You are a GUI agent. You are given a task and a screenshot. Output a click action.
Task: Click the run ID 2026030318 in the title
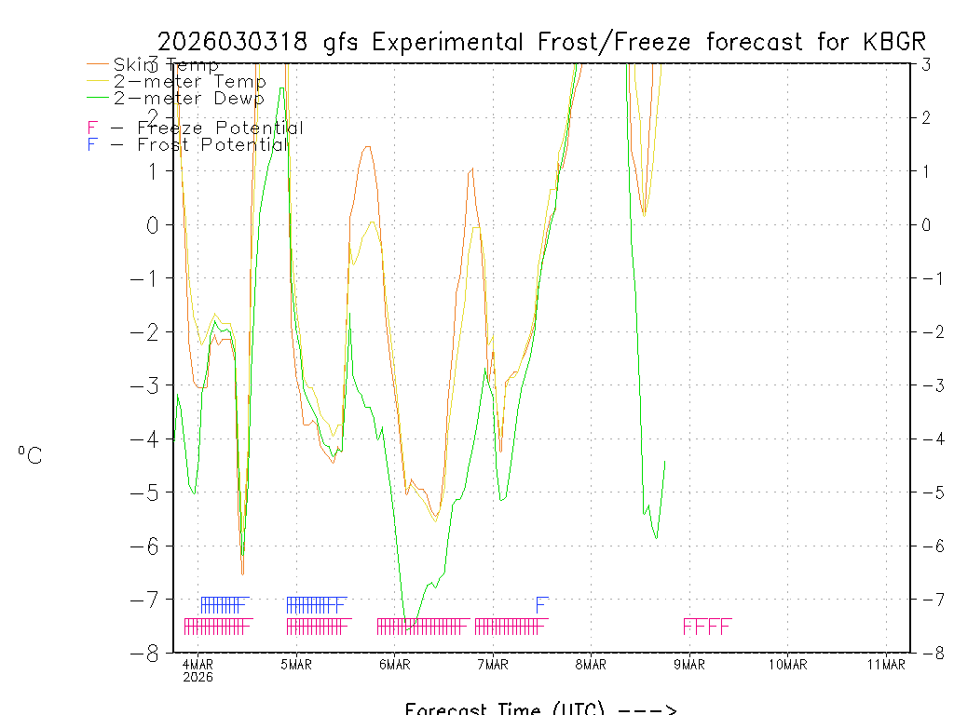pyautogui.click(x=237, y=42)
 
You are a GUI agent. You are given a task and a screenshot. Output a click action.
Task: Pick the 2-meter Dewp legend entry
pyautogui.click(x=189, y=98)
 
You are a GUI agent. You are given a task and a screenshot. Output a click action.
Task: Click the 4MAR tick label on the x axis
pyautogui.click(x=198, y=664)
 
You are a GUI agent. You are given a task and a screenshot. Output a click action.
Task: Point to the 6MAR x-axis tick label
pyautogui.click(x=395, y=664)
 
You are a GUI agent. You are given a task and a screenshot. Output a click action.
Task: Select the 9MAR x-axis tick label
pyautogui.click(x=689, y=664)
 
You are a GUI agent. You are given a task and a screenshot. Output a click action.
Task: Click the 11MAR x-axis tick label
pyautogui.click(x=886, y=664)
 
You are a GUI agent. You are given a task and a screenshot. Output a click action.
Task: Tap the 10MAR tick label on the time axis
pyautogui.click(x=788, y=664)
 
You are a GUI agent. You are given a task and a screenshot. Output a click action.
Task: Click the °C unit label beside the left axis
pyautogui.click(x=30, y=455)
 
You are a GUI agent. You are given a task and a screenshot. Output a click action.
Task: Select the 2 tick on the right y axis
pyautogui.click(x=926, y=117)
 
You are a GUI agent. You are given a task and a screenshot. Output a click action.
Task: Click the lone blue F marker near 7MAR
pyautogui.click(x=541, y=605)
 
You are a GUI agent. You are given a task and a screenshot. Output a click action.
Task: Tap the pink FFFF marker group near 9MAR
pyautogui.click(x=707, y=627)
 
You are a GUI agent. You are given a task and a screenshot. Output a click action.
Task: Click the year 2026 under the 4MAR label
pyautogui.click(x=198, y=677)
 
